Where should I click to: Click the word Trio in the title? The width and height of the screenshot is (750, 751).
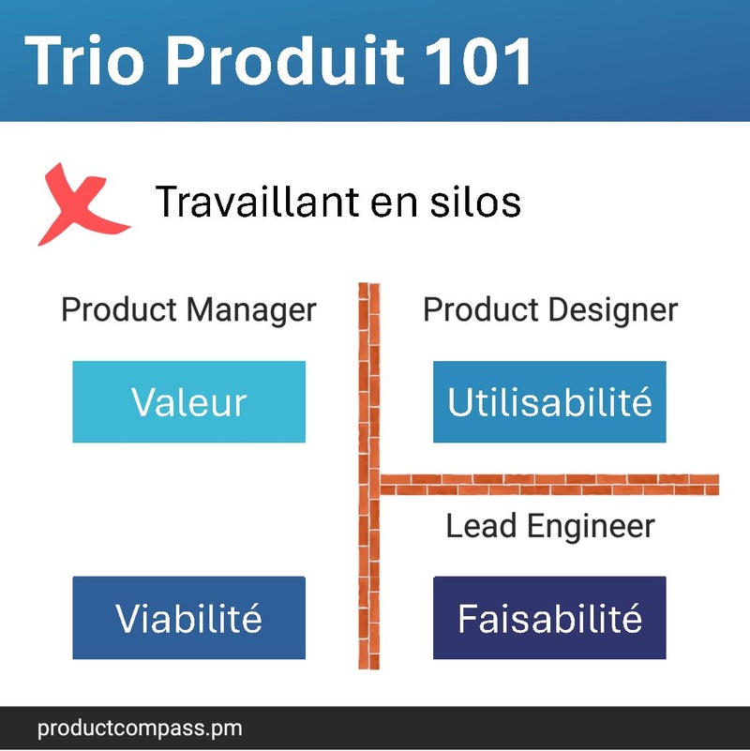point(84,61)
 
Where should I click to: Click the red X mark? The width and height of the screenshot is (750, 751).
point(82,204)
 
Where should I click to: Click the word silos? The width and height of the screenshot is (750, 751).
point(475,202)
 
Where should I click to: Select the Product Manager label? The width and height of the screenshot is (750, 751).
point(188,310)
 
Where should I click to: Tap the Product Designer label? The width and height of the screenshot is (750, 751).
point(550,310)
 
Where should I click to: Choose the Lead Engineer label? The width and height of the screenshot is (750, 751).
point(550,526)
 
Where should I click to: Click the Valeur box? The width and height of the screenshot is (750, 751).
point(189,402)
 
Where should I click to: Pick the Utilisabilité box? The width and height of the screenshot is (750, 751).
point(549,402)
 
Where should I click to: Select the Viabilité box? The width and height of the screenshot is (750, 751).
point(189,618)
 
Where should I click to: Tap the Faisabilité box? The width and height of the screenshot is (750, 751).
point(549,618)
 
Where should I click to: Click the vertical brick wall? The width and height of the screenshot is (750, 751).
point(369,476)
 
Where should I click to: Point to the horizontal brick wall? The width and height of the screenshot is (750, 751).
point(549,485)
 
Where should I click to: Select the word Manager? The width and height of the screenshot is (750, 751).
point(251,311)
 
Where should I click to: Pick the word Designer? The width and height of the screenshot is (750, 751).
point(613,311)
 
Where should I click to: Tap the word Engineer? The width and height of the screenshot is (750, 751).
point(591,527)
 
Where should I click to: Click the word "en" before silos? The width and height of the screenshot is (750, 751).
point(394,203)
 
